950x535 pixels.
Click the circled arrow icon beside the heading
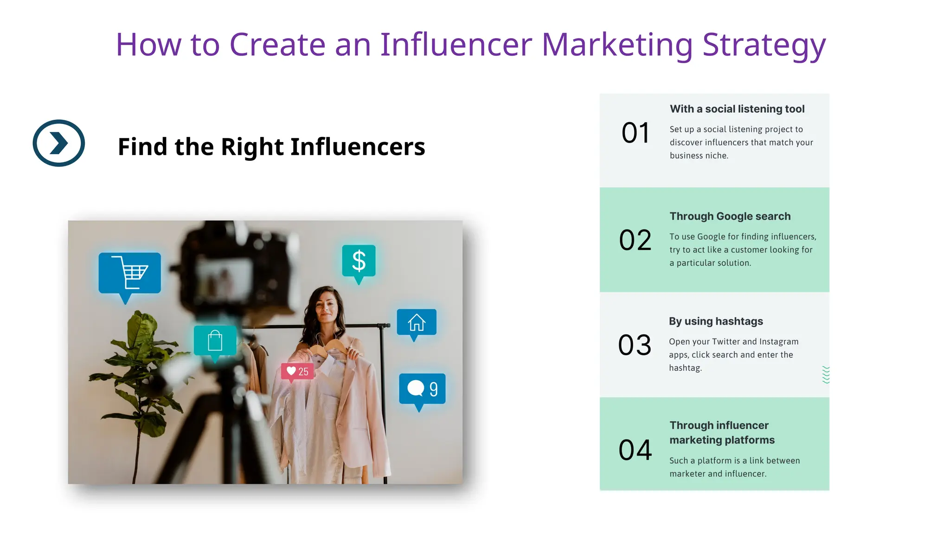point(59,143)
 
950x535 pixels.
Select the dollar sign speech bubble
point(359,261)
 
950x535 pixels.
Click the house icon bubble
point(417,322)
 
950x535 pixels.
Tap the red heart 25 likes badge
point(297,372)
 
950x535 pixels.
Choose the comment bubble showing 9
point(422,389)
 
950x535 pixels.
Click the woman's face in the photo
point(327,307)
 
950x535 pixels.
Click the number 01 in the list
point(635,133)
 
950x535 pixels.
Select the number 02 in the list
point(635,240)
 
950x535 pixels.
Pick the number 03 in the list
point(635,345)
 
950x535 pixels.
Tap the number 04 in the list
point(635,450)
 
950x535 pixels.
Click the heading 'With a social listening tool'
point(737,109)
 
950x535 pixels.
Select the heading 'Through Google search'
point(730,216)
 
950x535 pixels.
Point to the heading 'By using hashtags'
point(715,321)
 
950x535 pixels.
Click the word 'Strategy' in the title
point(764,45)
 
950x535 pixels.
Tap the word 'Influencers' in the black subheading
point(357,147)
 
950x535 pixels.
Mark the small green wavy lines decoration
point(826,375)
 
